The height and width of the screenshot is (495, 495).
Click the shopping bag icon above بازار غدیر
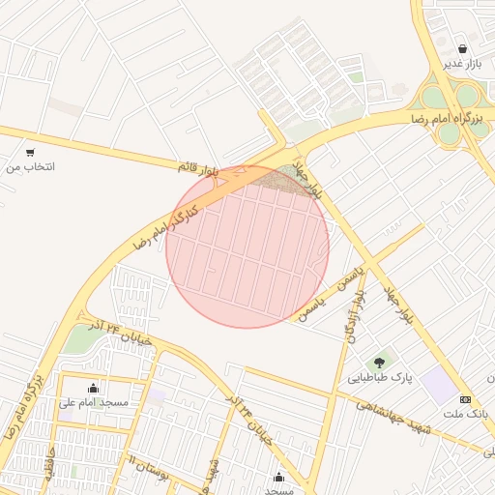point(463,48)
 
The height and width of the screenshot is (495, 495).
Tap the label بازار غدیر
point(462,64)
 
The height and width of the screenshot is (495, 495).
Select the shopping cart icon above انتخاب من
point(31,152)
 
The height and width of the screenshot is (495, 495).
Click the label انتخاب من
point(31,167)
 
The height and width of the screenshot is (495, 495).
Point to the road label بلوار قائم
point(198,167)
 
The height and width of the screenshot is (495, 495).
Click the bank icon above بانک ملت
point(466,399)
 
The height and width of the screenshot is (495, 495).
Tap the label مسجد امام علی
point(93,402)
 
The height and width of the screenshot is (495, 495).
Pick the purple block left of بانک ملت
point(440,388)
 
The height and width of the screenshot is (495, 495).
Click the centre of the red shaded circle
point(247,247)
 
